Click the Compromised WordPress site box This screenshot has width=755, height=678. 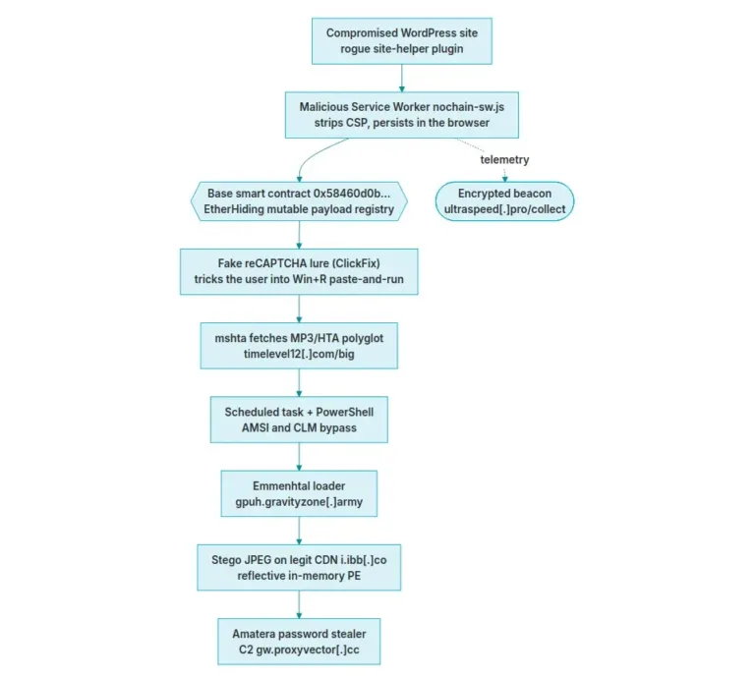pyautogui.click(x=401, y=41)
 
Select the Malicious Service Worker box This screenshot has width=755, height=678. pyautogui.click(x=401, y=115)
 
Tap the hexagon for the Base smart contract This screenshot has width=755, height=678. pyautogui.click(x=299, y=201)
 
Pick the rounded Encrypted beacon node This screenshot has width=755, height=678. pyautogui.click(x=504, y=201)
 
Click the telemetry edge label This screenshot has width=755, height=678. pyautogui.click(x=504, y=159)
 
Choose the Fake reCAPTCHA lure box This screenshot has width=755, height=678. pyautogui.click(x=299, y=271)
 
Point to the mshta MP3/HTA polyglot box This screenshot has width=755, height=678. pyautogui.click(x=299, y=346)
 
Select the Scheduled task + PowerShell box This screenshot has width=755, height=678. pyautogui.click(x=299, y=420)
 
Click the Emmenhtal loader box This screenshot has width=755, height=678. pyautogui.click(x=299, y=493)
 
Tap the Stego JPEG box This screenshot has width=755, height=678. pyautogui.click(x=299, y=568)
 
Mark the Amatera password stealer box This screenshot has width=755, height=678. pyautogui.click(x=299, y=642)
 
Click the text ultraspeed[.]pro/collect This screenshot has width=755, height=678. pyautogui.click(x=504, y=209)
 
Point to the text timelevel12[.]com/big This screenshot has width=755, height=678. pyautogui.click(x=299, y=354)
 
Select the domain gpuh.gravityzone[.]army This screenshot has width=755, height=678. pyautogui.click(x=299, y=502)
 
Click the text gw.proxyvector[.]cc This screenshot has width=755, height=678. pyautogui.click(x=308, y=650)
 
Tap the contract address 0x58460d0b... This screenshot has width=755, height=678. pyautogui.click(x=352, y=194)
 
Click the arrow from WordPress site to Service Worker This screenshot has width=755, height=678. pyautogui.click(x=401, y=78)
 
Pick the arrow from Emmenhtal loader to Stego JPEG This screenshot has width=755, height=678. pyautogui.click(x=299, y=531)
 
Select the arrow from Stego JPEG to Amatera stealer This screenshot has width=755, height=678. pyautogui.click(x=299, y=604)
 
